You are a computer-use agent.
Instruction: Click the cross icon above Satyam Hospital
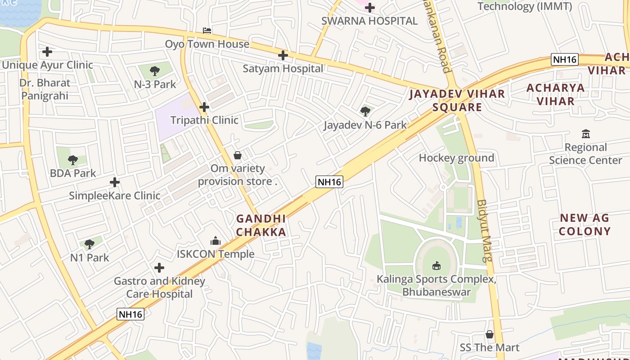(x=283, y=55)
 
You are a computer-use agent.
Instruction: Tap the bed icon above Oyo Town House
(x=207, y=31)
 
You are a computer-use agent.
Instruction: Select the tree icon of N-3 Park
(x=155, y=71)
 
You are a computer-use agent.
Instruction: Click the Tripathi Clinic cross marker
(x=204, y=107)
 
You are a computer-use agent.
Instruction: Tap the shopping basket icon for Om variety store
(x=238, y=155)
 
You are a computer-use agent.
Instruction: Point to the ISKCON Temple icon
(x=216, y=241)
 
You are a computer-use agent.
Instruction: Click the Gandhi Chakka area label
(x=261, y=225)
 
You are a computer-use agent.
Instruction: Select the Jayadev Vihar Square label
(x=457, y=100)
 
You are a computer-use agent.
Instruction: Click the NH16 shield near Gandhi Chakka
(x=329, y=182)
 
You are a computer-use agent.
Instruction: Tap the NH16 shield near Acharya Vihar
(x=565, y=59)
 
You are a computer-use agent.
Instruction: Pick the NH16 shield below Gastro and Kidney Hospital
(x=130, y=314)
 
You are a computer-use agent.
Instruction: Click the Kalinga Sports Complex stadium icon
(x=436, y=266)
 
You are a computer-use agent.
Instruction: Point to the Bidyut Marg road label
(x=484, y=230)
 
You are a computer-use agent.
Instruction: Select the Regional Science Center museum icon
(x=585, y=134)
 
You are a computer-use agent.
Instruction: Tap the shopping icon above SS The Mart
(x=490, y=334)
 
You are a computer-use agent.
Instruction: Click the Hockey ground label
(x=456, y=158)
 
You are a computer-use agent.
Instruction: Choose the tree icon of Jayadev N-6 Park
(x=365, y=111)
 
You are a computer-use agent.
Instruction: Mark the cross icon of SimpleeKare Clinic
(x=115, y=182)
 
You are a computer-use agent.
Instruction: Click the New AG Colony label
(x=585, y=225)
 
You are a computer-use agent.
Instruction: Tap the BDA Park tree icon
(x=73, y=160)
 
